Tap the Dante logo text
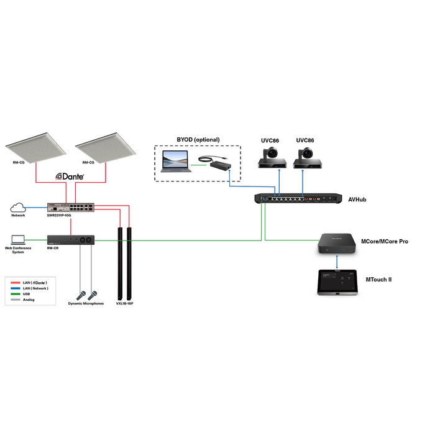point(70,177)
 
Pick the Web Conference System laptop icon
point(17,239)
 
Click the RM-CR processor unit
point(71,240)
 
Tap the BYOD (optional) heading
point(197,140)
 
